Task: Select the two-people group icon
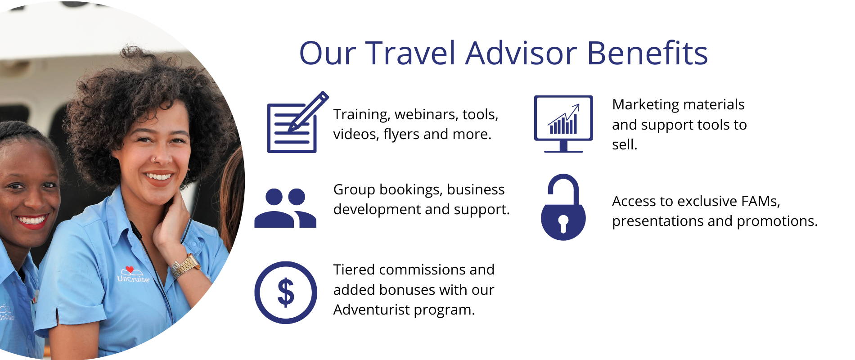pos(285,208)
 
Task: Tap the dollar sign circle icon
pos(286,292)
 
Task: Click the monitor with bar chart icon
pos(563,124)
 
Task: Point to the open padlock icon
pos(563,207)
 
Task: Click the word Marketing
pos(647,105)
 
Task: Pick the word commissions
pos(422,270)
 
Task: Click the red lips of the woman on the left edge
pos(31,221)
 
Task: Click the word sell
pos(625,145)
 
